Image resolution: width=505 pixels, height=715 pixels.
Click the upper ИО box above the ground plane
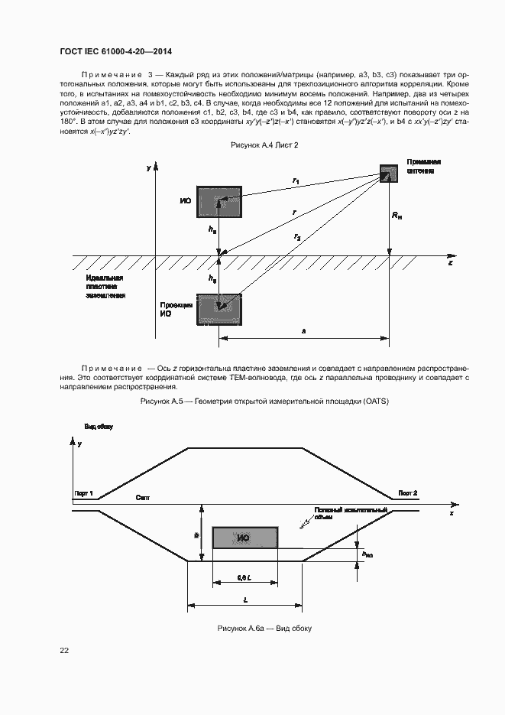(x=219, y=202)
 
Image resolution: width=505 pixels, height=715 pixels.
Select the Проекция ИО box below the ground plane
(x=219, y=309)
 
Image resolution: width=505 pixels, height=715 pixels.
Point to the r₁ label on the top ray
(x=296, y=180)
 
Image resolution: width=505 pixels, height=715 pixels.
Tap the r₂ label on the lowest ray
(x=296, y=238)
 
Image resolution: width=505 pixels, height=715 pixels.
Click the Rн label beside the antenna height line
(x=397, y=217)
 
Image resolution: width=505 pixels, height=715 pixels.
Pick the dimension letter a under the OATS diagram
(x=304, y=331)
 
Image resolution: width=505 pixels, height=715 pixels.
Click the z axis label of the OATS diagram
(x=451, y=263)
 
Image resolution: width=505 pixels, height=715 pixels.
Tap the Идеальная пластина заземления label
(x=105, y=286)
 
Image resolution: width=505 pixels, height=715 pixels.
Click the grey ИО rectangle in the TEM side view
(x=244, y=538)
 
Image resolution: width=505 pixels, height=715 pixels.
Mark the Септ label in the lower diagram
(x=142, y=498)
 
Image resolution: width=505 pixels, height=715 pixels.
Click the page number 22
(x=64, y=650)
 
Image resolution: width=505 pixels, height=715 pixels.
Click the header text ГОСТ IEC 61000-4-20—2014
(x=115, y=51)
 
